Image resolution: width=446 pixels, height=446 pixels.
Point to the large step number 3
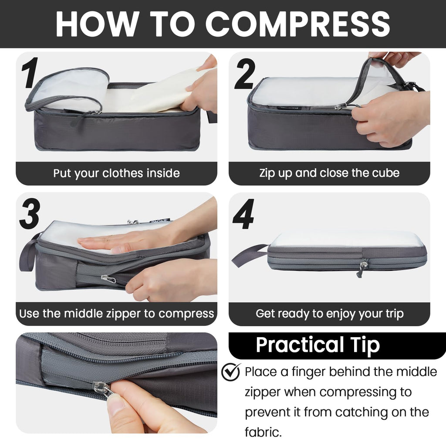(x=30, y=213)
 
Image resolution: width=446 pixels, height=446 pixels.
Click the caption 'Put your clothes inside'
(x=116, y=173)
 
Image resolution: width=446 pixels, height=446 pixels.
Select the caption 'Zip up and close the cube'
(x=329, y=173)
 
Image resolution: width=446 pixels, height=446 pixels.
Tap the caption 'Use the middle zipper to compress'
(x=116, y=314)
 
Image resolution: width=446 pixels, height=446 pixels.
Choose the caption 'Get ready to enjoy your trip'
(x=329, y=314)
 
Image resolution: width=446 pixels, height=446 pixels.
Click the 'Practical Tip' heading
(x=318, y=345)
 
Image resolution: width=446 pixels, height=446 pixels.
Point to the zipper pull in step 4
(x=362, y=267)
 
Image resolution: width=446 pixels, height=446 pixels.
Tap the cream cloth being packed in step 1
(x=148, y=94)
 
